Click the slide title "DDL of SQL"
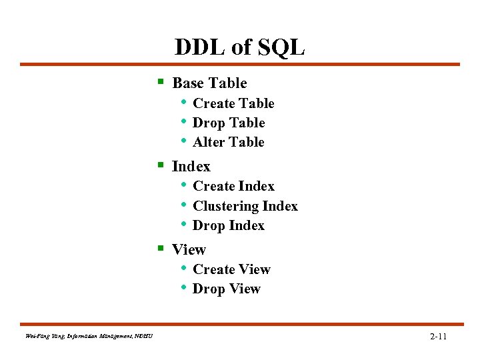pos(239,47)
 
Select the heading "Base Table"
pos(209,83)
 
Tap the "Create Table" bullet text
pos(233,103)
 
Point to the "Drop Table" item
pos(229,123)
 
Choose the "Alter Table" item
pos(228,142)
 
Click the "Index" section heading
pos(191,167)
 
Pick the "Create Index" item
pos(233,186)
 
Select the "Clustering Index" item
pos(245,206)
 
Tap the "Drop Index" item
pos(228,225)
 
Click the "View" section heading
pos(189,249)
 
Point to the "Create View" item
pos(231,269)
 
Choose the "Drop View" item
pos(226,289)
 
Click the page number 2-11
pos(438,337)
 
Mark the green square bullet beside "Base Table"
pos(160,83)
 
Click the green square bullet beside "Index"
pos(160,165)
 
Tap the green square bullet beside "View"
pos(160,249)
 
